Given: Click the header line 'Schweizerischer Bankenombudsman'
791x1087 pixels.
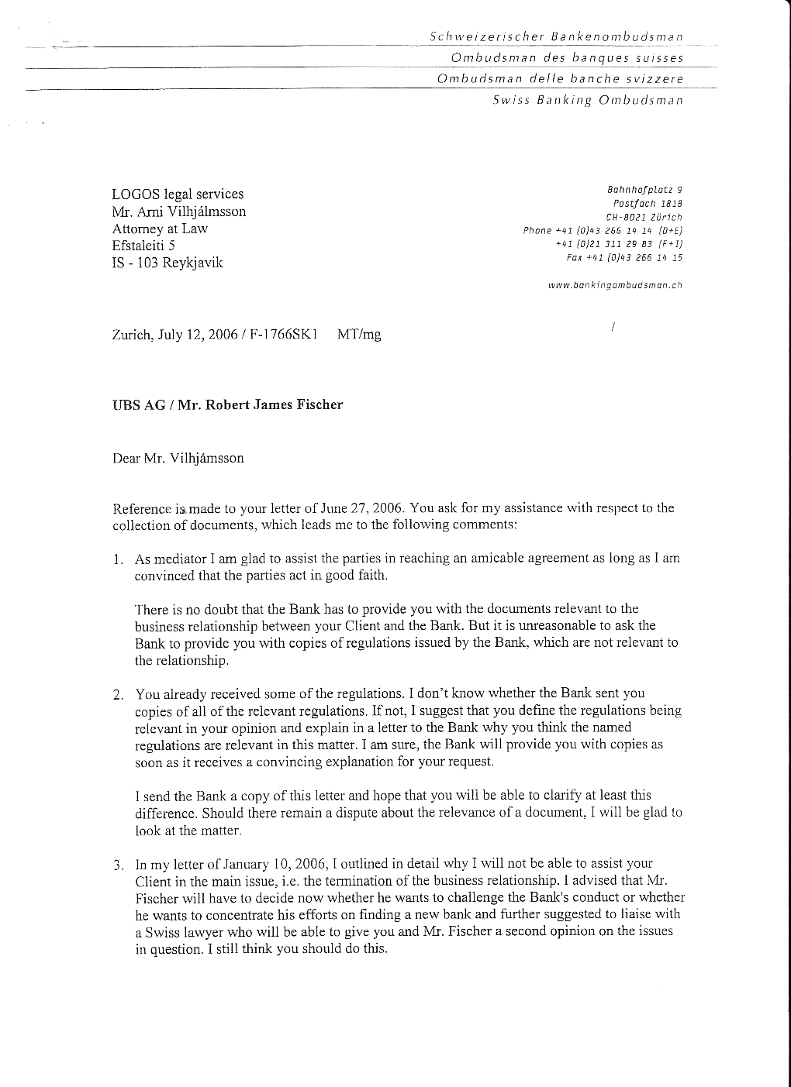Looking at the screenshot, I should (556, 36).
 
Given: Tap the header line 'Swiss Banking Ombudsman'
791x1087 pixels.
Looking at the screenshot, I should (587, 100).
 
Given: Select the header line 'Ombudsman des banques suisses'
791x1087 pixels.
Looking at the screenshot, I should (567, 58).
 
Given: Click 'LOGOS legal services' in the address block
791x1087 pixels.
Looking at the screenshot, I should (178, 194).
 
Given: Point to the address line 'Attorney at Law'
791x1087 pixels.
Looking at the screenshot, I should (160, 229).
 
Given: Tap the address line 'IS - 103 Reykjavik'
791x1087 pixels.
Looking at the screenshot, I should (168, 263).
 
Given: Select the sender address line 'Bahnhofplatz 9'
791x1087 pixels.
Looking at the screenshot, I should (645, 189).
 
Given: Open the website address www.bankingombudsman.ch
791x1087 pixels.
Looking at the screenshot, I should (615, 285).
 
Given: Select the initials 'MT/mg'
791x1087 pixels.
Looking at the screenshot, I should (359, 335).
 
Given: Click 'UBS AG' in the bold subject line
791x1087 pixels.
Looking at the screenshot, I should (140, 404).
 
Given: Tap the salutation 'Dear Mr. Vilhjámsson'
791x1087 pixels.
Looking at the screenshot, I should (178, 458).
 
